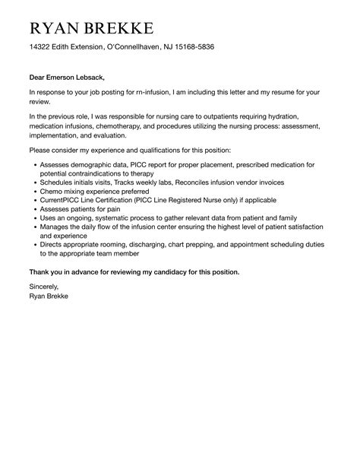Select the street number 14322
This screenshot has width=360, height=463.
41,47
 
